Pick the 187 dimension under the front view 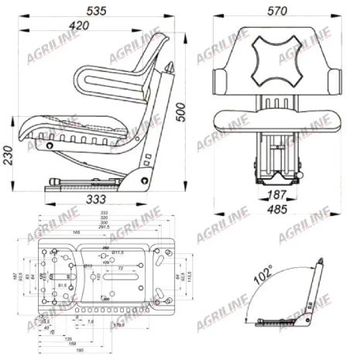coord(276,194)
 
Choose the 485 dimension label coord(276,209)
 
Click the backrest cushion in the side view coord(116,79)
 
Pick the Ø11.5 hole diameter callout coord(121,252)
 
